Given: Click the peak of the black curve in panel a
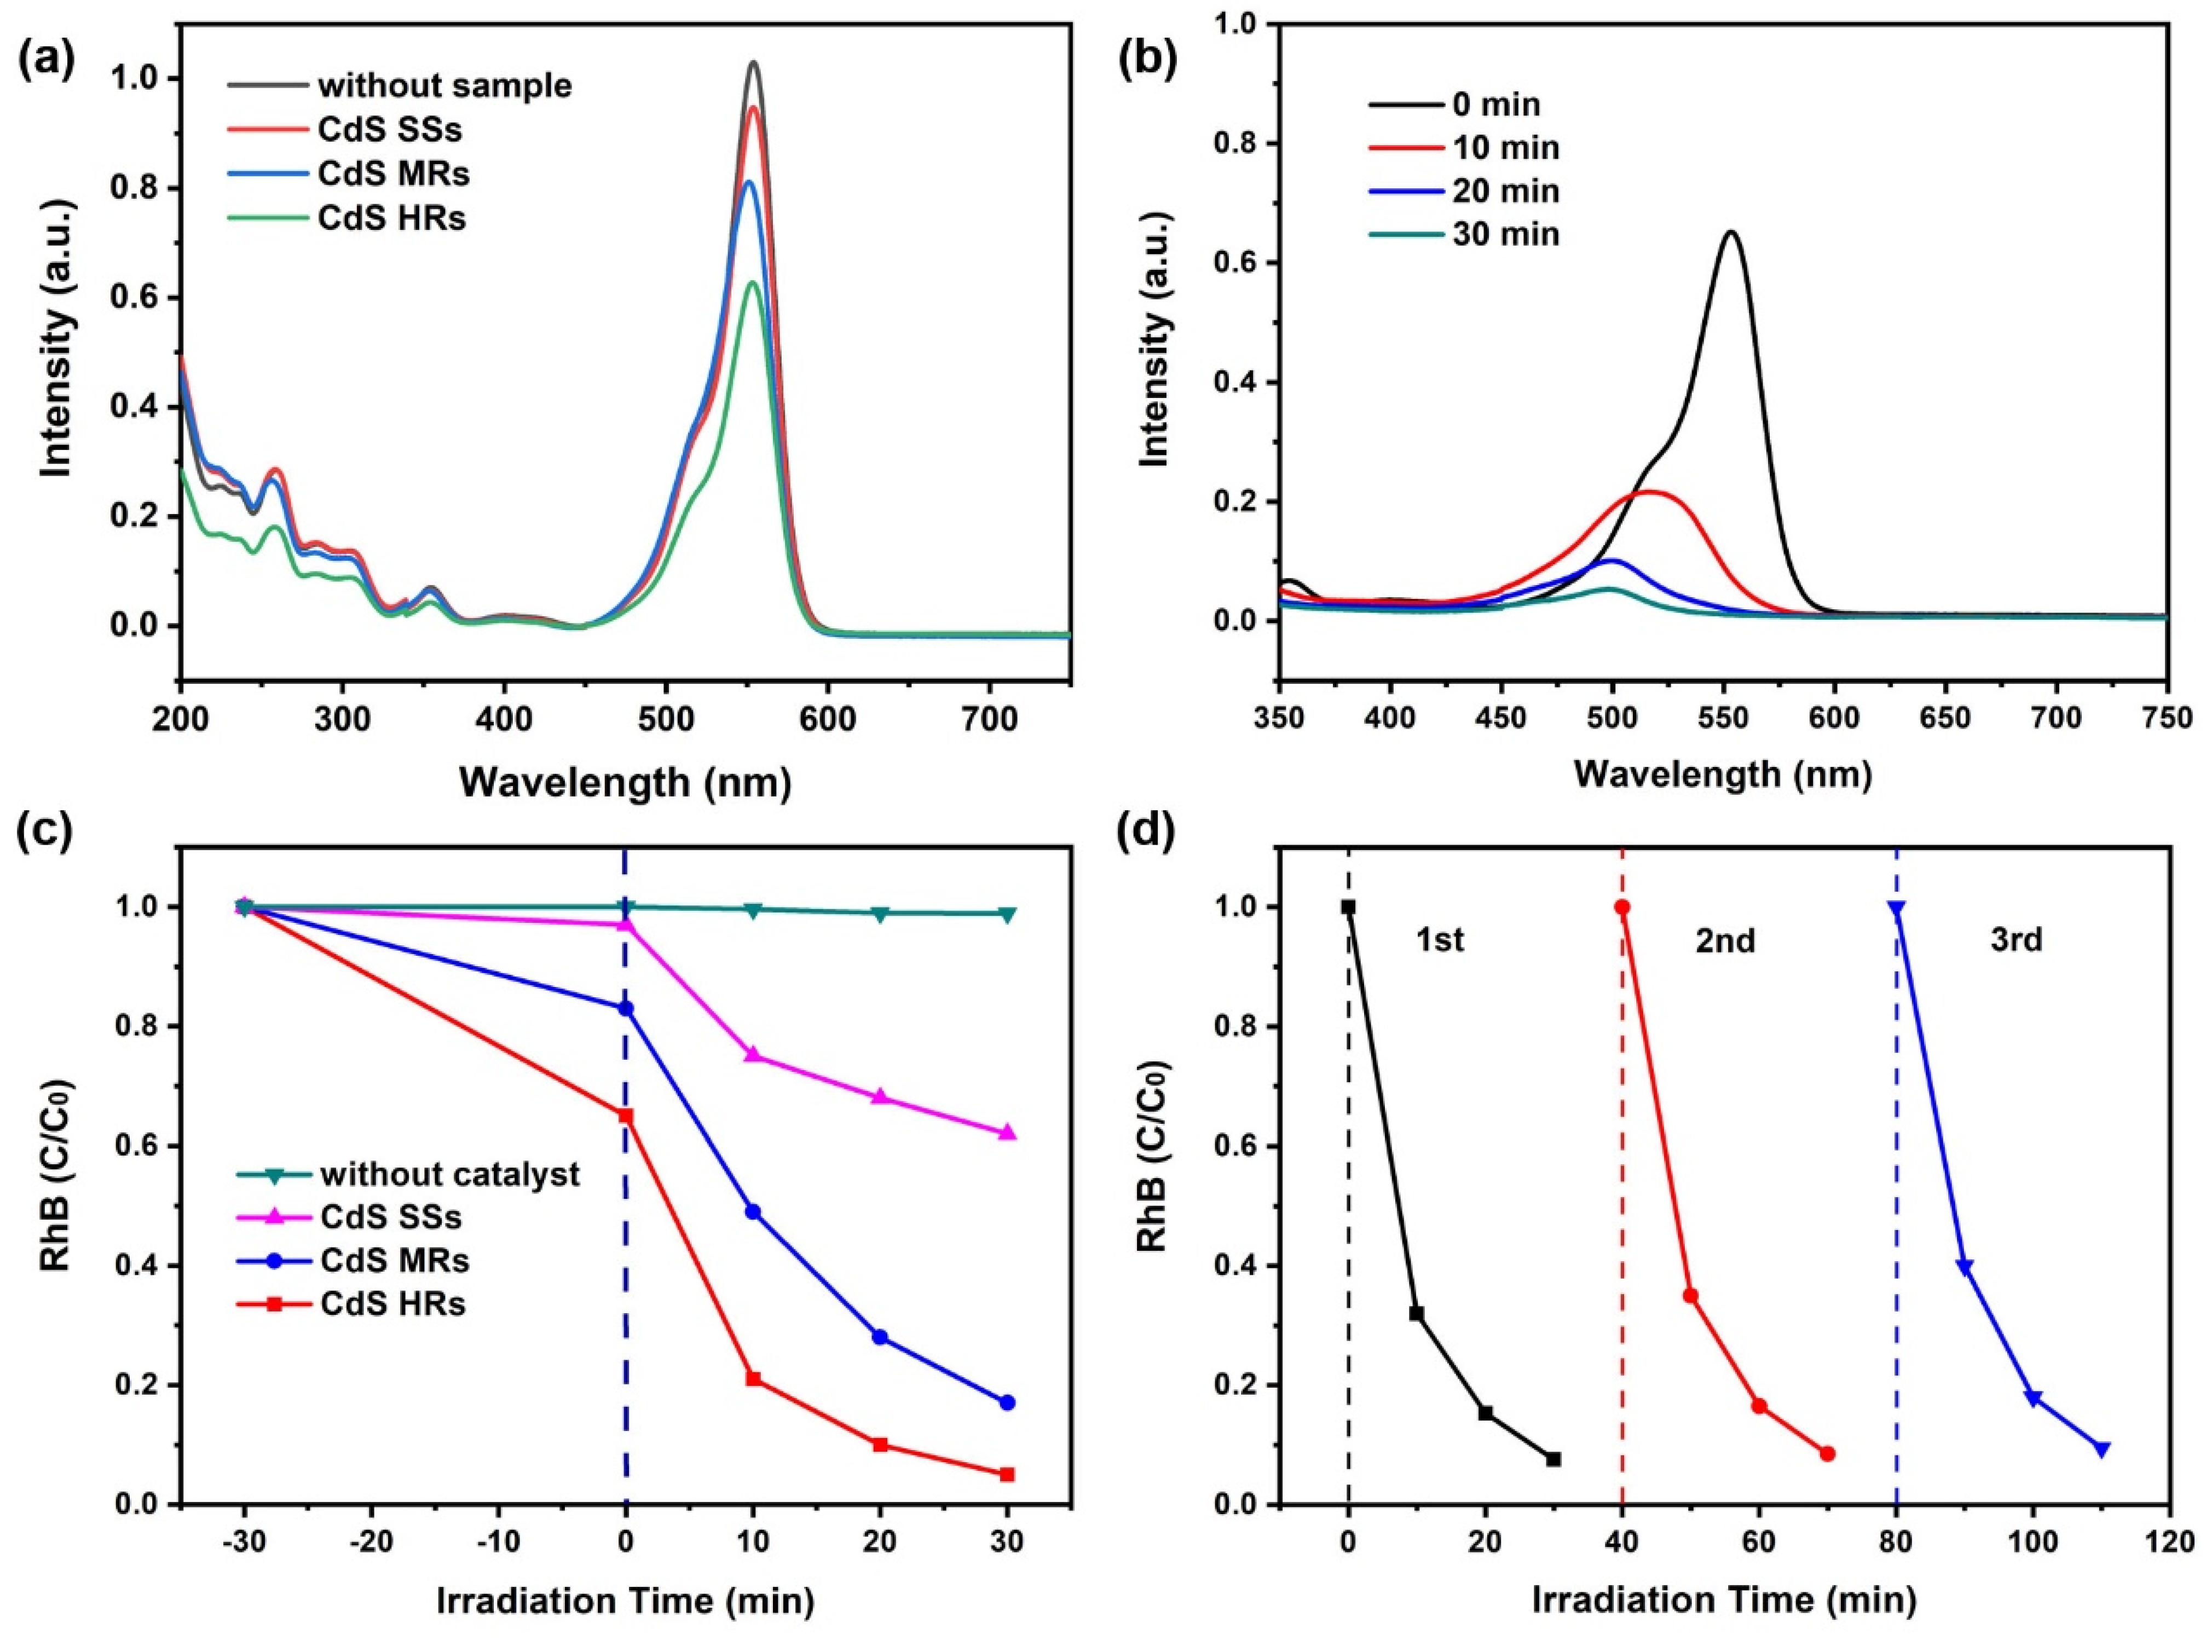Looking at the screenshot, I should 754,62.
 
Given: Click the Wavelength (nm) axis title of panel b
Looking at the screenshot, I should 1723,775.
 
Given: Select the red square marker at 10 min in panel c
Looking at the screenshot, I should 753,1379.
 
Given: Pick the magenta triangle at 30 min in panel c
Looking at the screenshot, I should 1007,1133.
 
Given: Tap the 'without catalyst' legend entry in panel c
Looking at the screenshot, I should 449,1174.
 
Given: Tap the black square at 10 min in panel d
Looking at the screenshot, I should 1417,1313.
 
